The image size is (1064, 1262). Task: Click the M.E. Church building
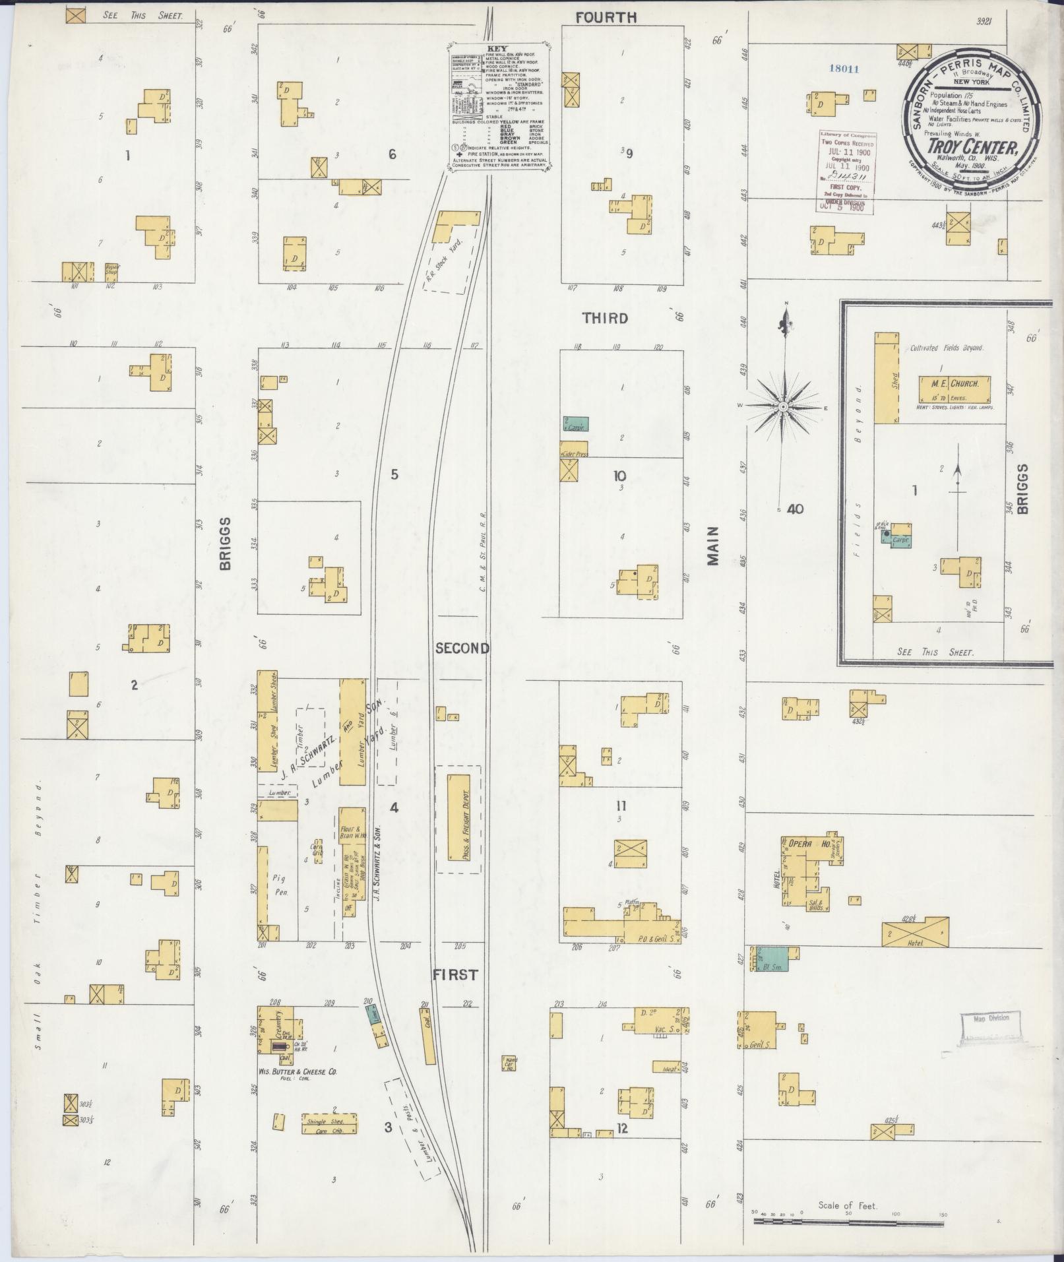[955, 390]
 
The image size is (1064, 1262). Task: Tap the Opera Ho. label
[802, 843]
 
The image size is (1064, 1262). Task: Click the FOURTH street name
[606, 18]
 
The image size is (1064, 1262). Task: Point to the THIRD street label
[605, 318]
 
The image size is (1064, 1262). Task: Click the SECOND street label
[462, 648]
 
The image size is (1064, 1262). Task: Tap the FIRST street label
[455, 974]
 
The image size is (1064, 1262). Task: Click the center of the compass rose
[783, 406]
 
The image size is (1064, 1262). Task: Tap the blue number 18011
[845, 69]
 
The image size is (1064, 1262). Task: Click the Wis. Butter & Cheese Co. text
[298, 1073]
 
